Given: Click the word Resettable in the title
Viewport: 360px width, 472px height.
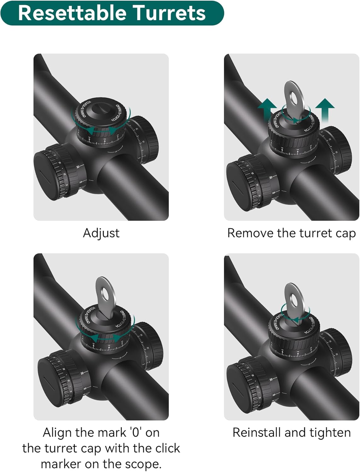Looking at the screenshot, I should [72, 13].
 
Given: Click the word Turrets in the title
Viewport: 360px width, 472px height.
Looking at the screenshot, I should [169, 13].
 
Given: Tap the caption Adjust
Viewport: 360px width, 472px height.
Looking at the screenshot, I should [101, 233].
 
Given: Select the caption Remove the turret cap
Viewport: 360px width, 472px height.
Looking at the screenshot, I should [291, 233].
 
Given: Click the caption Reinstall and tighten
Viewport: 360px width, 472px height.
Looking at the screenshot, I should [291, 433].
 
